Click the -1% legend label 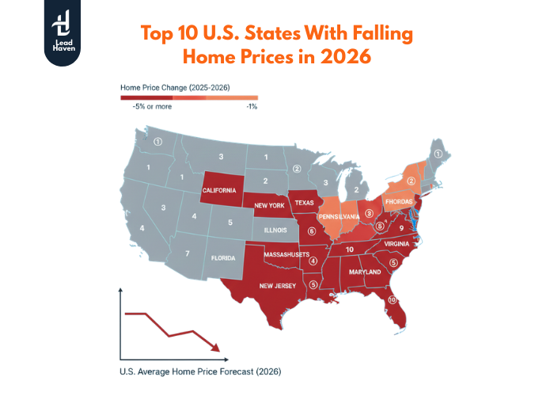[x=252, y=107]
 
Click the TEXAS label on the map [x=305, y=202]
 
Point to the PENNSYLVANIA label [x=341, y=216]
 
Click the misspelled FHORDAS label [x=400, y=201]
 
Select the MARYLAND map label [x=365, y=272]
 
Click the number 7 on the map [x=187, y=253]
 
